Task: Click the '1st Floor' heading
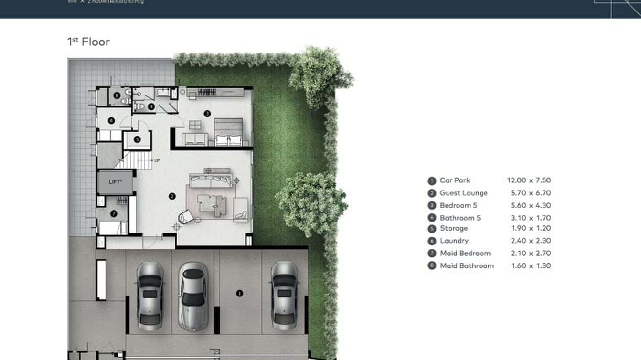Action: pyautogui.click(x=89, y=42)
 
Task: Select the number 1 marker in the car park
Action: pyautogui.click(x=240, y=294)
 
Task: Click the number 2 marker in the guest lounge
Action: pyautogui.click(x=172, y=196)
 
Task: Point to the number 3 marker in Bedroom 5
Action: pyautogui.click(x=207, y=114)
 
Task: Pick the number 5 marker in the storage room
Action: pyautogui.click(x=137, y=140)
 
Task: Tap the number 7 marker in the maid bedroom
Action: pyautogui.click(x=113, y=214)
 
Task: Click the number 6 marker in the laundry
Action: pyautogui.click(x=111, y=121)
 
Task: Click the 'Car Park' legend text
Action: pyautogui.click(x=455, y=180)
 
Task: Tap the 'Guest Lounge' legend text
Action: pyautogui.click(x=463, y=193)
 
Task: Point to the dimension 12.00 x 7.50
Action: pyautogui.click(x=529, y=180)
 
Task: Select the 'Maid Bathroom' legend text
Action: pyautogui.click(x=467, y=265)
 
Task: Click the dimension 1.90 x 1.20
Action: pyautogui.click(x=531, y=228)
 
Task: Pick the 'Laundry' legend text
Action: pyautogui.click(x=454, y=241)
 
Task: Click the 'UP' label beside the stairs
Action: pyautogui.click(x=157, y=160)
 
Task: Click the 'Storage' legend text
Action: pyautogui.click(x=453, y=228)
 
